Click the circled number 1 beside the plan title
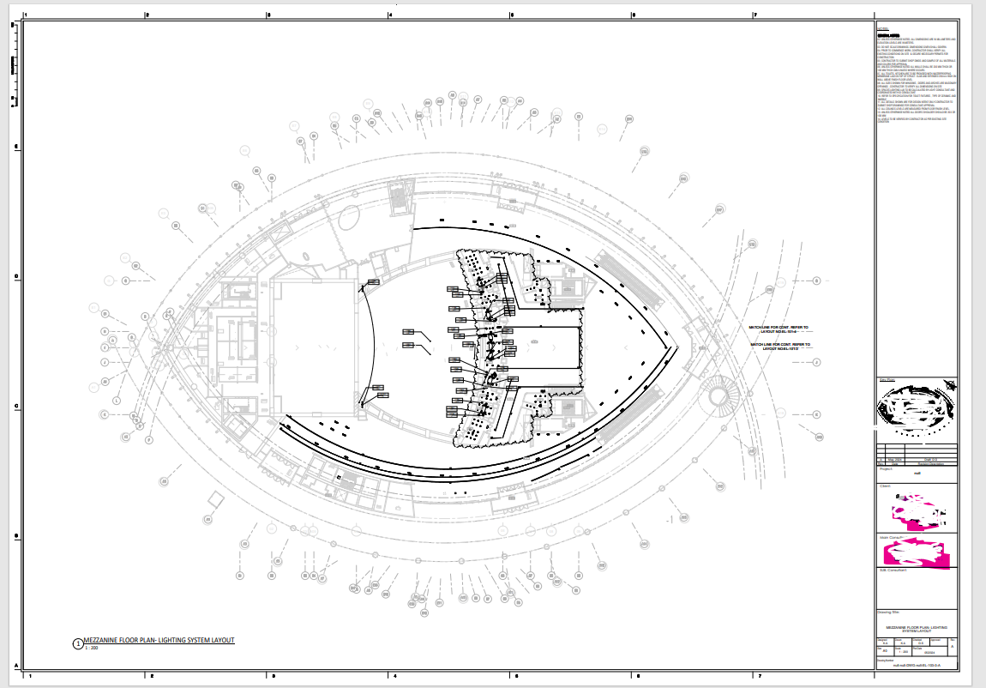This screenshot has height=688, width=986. pos(78,643)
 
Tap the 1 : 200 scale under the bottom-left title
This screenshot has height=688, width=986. pos(92,649)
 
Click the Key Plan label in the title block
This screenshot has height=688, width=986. pos(887,379)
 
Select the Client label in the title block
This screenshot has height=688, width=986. pos(885,486)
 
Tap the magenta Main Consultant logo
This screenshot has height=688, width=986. pos(916,551)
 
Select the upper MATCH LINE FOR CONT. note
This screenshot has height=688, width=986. pos(779,329)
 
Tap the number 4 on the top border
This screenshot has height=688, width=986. pos(391,15)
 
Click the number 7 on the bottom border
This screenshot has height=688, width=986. pos(755,676)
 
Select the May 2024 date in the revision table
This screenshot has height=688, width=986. pos(898,460)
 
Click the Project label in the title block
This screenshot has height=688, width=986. pos(886,469)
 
